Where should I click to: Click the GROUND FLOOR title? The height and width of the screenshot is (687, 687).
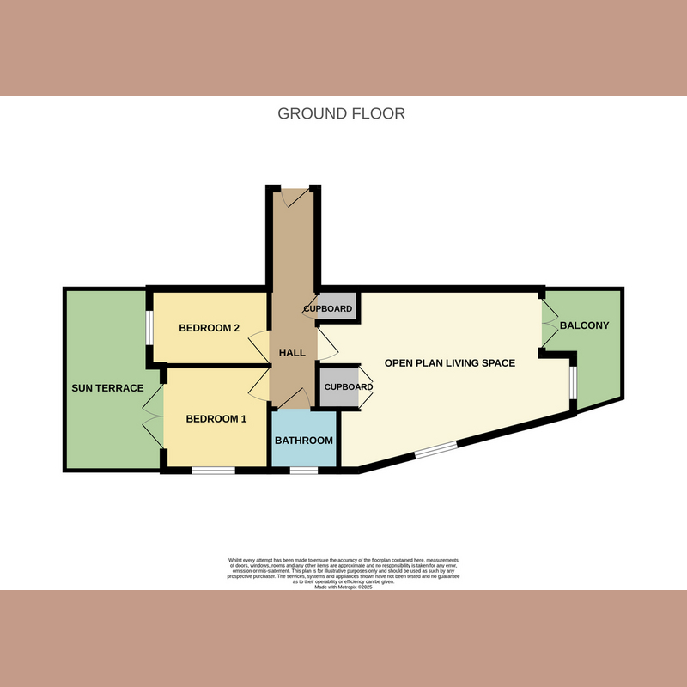click(341, 113)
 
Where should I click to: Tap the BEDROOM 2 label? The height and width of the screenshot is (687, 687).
click(208, 328)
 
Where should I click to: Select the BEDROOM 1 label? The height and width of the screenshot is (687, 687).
click(216, 419)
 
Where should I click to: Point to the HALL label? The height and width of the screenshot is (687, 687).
click(292, 353)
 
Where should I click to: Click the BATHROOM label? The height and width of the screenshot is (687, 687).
click(303, 441)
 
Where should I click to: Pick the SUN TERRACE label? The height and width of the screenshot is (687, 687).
click(107, 388)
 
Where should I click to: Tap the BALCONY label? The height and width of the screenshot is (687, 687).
click(584, 325)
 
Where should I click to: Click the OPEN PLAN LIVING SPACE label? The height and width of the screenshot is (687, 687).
click(449, 363)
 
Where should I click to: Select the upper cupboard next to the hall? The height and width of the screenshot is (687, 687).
click(328, 308)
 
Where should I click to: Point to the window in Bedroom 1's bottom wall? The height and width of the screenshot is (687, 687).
click(213, 470)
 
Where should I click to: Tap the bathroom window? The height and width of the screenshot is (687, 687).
click(302, 470)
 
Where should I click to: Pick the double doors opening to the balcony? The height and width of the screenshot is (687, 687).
click(546, 325)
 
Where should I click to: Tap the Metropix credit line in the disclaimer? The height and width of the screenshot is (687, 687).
click(343, 587)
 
